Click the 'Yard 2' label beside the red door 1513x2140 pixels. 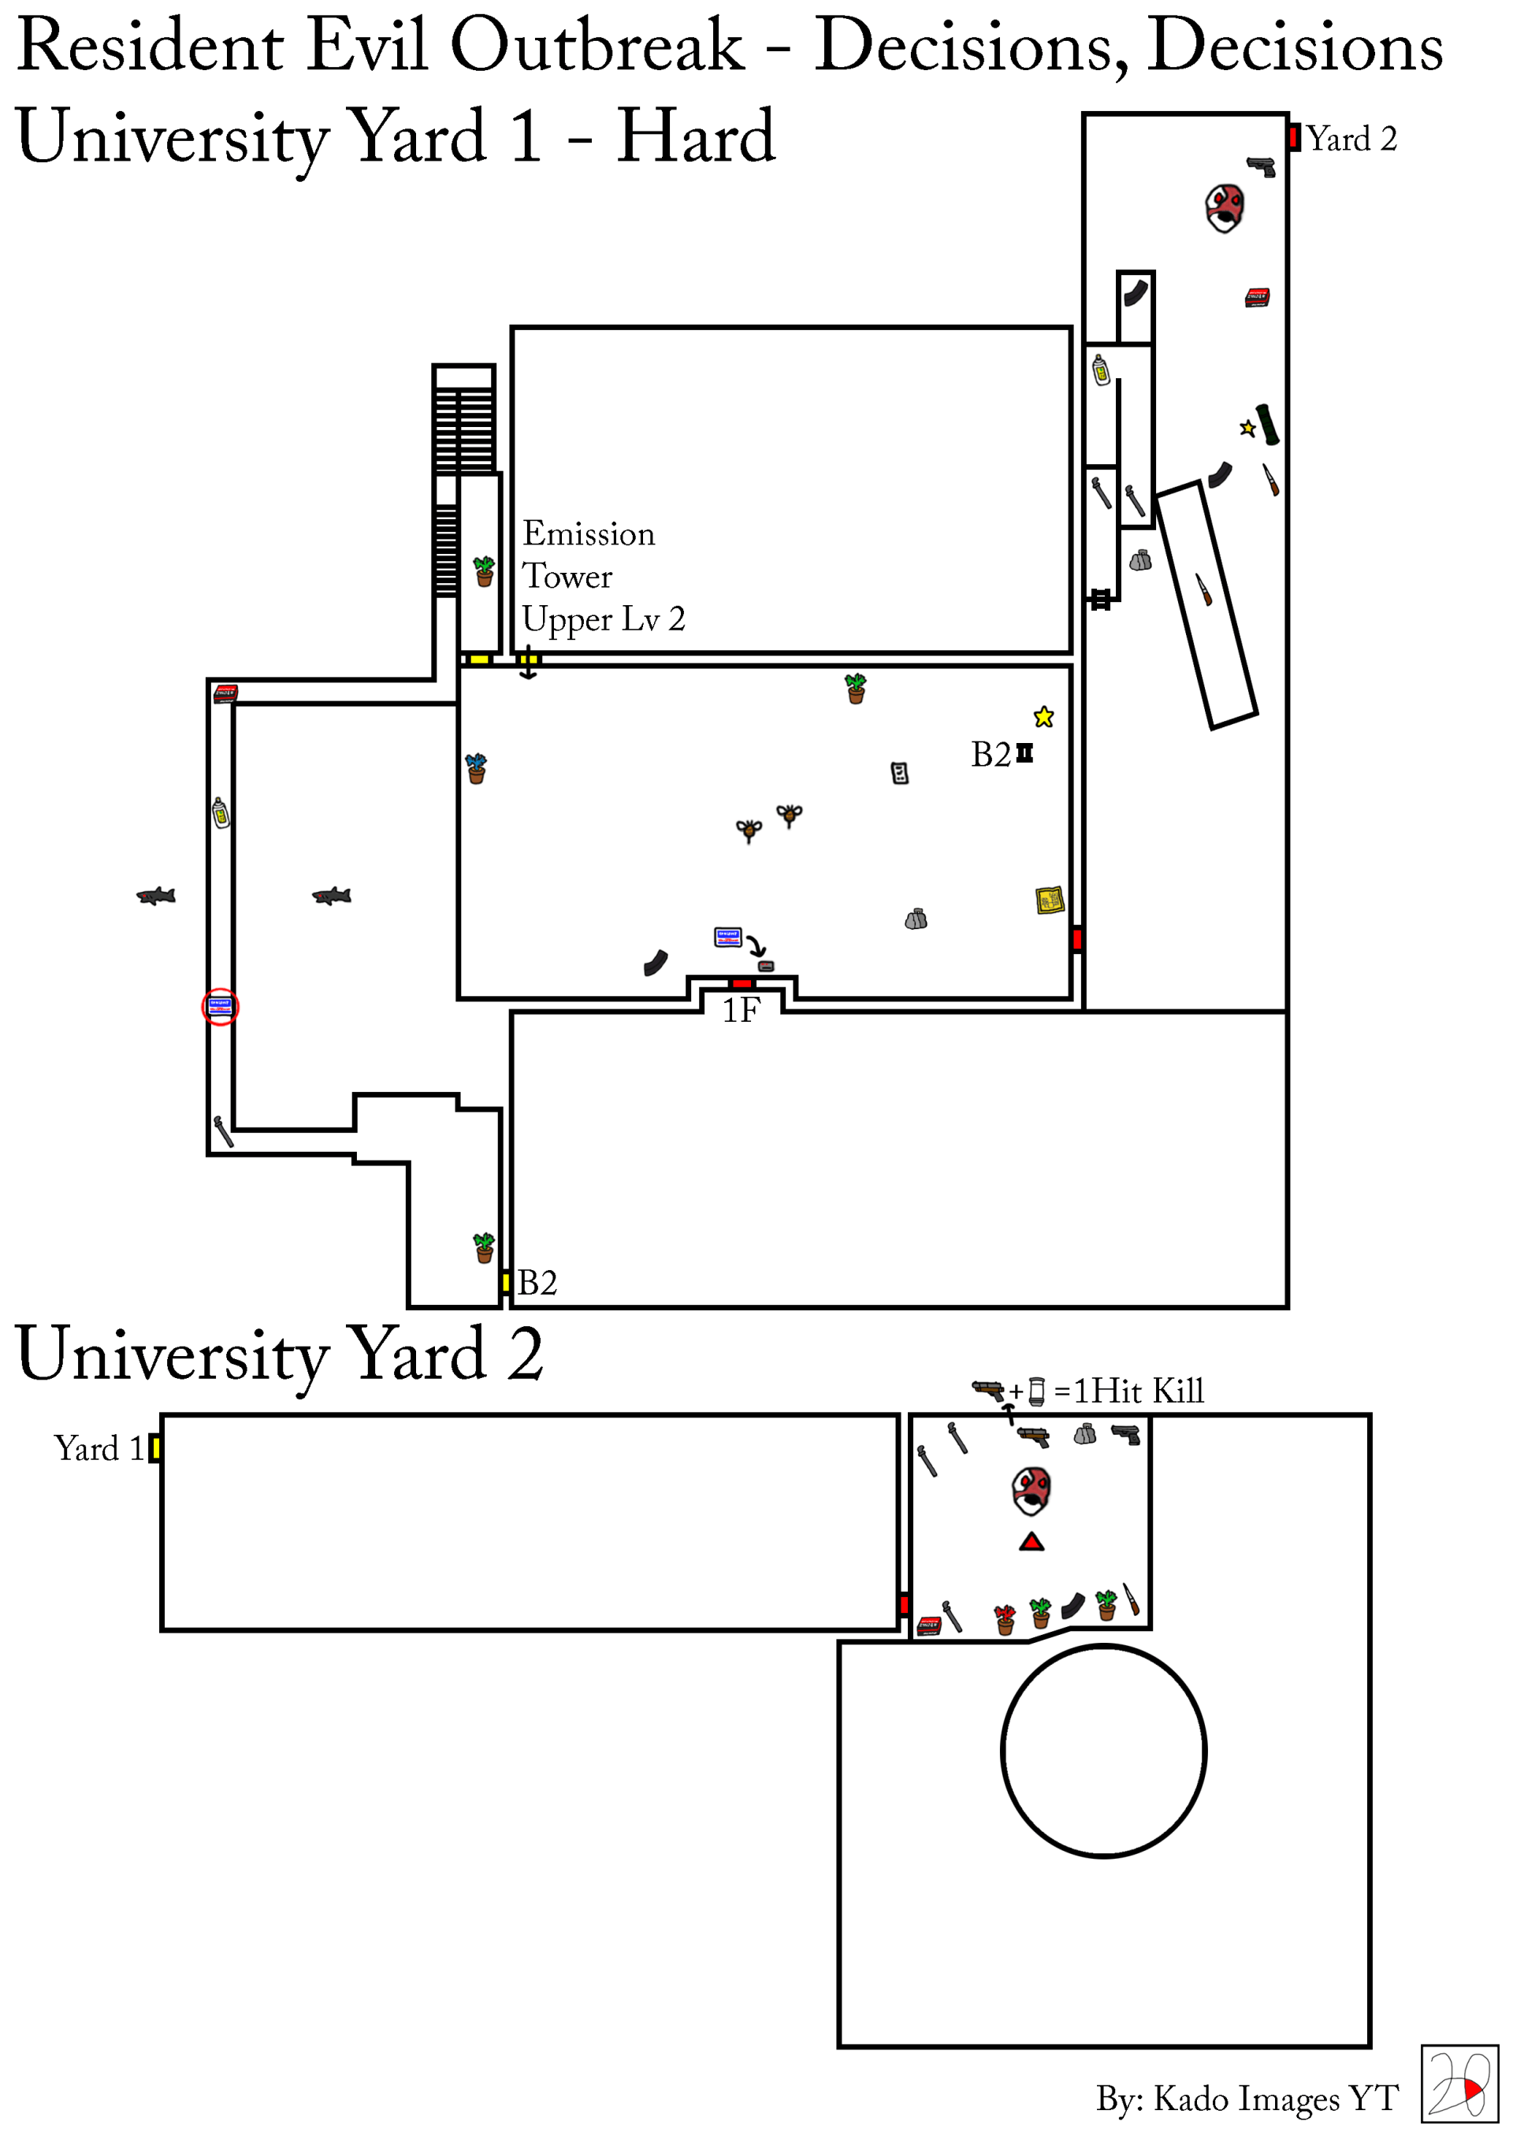click(x=1351, y=139)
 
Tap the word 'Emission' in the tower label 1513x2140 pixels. click(x=588, y=534)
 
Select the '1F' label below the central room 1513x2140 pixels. click(x=741, y=1010)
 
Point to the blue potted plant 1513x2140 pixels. click(x=477, y=768)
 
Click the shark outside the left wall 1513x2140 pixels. click(x=157, y=896)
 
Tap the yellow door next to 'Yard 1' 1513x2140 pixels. click(x=154, y=1448)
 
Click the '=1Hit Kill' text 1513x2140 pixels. click(x=1129, y=1391)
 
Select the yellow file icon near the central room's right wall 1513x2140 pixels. click(x=1050, y=901)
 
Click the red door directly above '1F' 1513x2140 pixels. click(x=742, y=983)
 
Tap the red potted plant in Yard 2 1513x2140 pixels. click(x=1004, y=1620)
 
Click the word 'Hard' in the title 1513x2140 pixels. click(x=696, y=137)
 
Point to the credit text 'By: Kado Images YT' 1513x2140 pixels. click(x=1247, y=2098)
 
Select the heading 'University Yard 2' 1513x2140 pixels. click(x=280, y=1355)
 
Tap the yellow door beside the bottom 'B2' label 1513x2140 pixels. click(x=505, y=1283)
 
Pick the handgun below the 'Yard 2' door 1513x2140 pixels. click(x=1262, y=167)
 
